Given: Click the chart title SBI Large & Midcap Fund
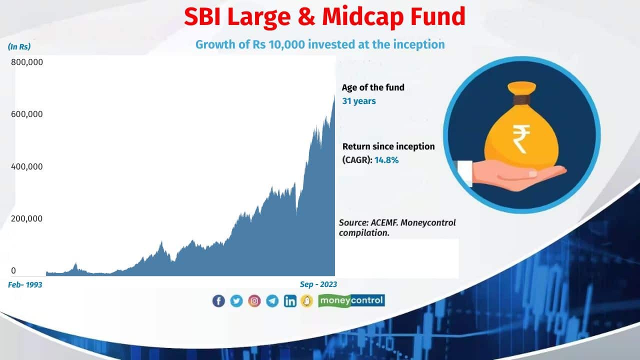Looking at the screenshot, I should pyautogui.click(x=324, y=17).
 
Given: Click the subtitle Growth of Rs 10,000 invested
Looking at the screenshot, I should pyautogui.click(x=320, y=44).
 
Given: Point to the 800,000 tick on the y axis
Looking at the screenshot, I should pyautogui.click(x=27, y=62).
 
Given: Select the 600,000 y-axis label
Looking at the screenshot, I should pyautogui.click(x=27, y=114).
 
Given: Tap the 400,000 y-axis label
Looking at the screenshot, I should pyautogui.click(x=27, y=166).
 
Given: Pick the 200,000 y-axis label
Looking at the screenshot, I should pyautogui.click(x=27, y=218).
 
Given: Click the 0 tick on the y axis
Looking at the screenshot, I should pyautogui.click(x=13, y=270).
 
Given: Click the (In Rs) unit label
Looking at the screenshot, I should pyautogui.click(x=19, y=46).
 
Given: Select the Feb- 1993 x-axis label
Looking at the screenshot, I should pyautogui.click(x=25, y=284).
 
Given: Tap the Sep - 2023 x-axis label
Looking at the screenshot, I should pyautogui.click(x=318, y=284).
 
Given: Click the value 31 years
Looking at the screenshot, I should pyautogui.click(x=358, y=101).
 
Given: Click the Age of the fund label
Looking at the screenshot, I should pyautogui.click(x=373, y=87).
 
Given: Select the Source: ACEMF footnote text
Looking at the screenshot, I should pyautogui.click(x=397, y=227).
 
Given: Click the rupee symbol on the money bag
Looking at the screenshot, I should pyautogui.click(x=521, y=138).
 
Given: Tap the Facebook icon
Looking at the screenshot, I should pyautogui.click(x=218, y=301).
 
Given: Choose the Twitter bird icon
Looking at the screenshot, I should pyautogui.click(x=236, y=301).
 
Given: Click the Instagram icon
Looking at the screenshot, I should pyautogui.click(x=254, y=301).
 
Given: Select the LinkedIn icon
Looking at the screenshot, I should pyautogui.click(x=290, y=301).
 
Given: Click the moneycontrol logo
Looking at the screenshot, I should pyautogui.click(x=351, y=300).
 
